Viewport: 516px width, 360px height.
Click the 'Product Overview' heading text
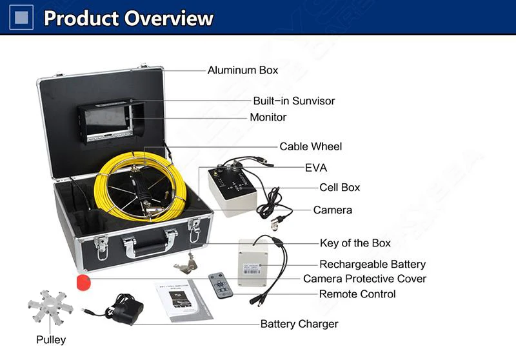(x=128, y=18)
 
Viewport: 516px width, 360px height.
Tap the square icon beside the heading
(x=21, y=17)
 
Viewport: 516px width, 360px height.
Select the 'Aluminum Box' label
(x=243, y=70)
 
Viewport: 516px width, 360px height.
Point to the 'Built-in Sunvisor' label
(x=294, y=101)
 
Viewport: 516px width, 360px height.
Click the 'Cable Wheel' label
(x=311, y=146)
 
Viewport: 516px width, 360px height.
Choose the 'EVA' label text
(x=316, y=168)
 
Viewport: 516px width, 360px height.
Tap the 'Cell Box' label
(x=340, y=188)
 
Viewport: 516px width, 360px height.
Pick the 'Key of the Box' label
(x=355, y=243)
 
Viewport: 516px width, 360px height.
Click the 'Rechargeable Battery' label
(x=373, y=265)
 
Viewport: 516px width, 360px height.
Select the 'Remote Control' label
(x=357, y=294)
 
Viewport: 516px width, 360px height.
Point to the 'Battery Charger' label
(x=299, y=324)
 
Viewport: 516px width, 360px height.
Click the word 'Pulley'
(x=51, y=340)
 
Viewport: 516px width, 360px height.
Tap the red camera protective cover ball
(x=84, y=283)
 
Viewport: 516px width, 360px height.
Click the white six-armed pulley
(x=50, y=308)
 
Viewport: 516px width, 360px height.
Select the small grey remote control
(x=221, y=286)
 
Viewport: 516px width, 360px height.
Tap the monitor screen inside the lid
(x=106, y=120)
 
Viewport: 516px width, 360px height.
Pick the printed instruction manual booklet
(x=184, y=301)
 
